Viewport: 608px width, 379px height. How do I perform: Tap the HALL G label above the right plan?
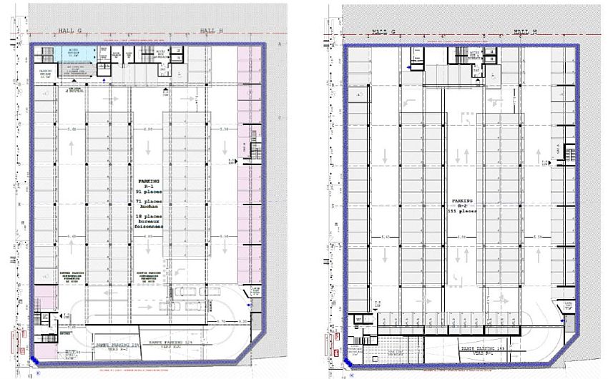click(x=383, y=31)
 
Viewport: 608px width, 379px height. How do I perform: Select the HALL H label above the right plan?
click(x=524, y=31)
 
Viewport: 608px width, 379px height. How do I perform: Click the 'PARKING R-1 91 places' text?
click(x=146, y=188)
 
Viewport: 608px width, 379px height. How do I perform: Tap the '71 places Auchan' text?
click(x=146, y=206)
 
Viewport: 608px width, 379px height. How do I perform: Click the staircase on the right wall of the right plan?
click(x=570, y=152)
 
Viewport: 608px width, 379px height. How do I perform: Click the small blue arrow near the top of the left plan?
click(x=105, y=81)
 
